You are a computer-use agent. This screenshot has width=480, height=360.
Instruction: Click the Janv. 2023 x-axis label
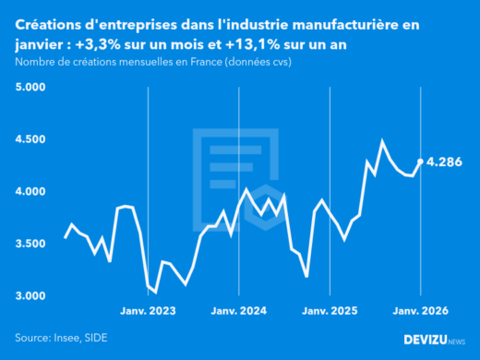point(149,312)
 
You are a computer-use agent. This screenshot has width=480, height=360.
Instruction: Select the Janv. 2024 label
point(239,312)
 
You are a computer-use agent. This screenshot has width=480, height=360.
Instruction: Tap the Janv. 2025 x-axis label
point(330,312)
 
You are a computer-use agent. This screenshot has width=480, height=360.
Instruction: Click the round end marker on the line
point(421,162)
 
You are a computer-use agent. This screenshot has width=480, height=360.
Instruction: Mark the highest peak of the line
point(382,141)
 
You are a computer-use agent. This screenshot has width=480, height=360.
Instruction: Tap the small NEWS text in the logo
point(454,342)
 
